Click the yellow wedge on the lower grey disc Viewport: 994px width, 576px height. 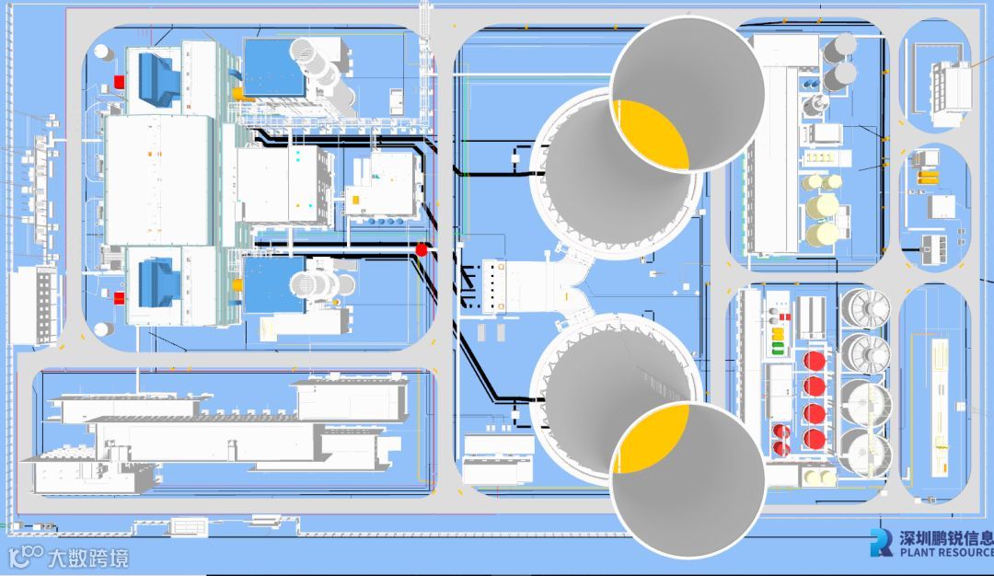pyautogui.click(x=652, y=438)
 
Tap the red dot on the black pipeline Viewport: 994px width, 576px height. pyautogui.click(x=422, y=248)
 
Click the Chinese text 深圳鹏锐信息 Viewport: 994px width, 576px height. pyautogui.click(x=944, y=538)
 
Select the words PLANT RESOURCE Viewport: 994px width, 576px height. pyautogui.click(x=946, y=552)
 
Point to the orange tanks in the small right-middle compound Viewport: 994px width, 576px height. pyautogui.click(x=927, y=172)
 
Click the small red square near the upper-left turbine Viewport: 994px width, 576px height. pyautogui.click(x=118, y=82)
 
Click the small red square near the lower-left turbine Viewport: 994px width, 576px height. pyautogui.click(x=118, y=295)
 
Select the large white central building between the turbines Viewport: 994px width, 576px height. pyautogui.click(x=158, y=179)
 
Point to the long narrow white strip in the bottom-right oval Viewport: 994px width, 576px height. pyautogui.click(x=941, y=406)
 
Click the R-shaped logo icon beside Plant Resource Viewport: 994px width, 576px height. pyautogui.click(x=881, y=543)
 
